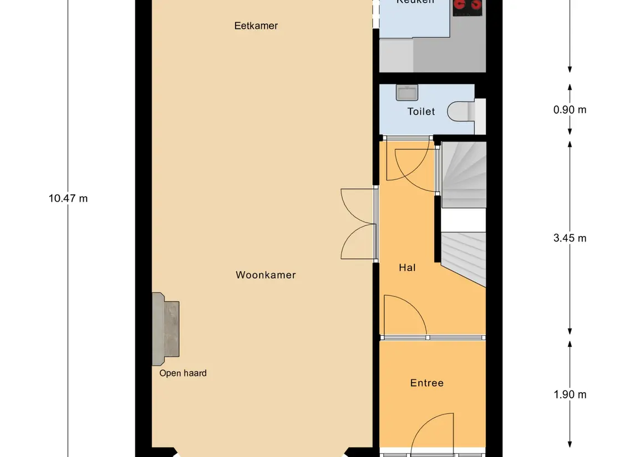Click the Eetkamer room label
pos(256,25)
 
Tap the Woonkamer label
pos(266,275)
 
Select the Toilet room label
pos(421,111)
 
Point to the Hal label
pos(407,268)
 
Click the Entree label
pos(426,383)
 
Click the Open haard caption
pos(182,373)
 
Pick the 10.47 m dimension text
pos(68,198)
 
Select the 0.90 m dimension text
pos(570,109)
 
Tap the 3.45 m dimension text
pos(570,238)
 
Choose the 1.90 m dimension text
pos(570,394)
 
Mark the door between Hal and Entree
pos(405,316)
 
